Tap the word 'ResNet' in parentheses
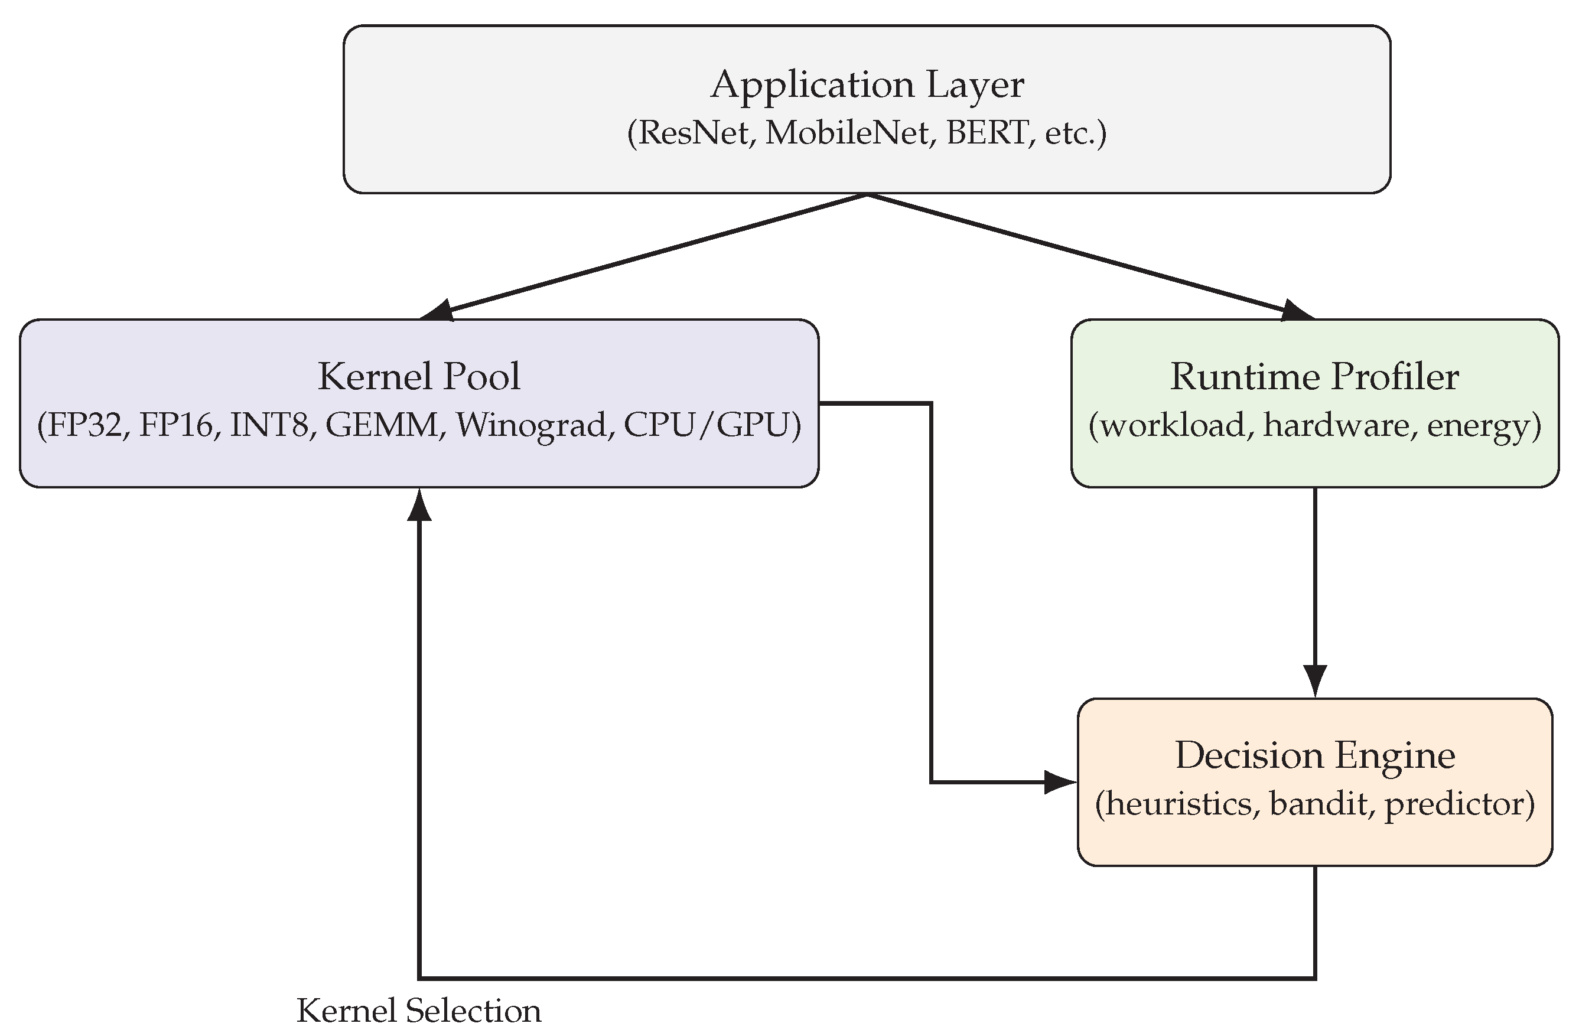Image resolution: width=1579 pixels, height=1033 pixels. point(694,133)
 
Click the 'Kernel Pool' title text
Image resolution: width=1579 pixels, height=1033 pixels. point(419,377)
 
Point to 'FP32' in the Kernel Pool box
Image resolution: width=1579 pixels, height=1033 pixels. point(84,425)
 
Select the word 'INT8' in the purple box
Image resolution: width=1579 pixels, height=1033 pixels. point(269,425)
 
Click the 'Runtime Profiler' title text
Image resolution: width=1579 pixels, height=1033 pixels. point(1314,377)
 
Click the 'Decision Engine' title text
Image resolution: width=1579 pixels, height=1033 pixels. point(1315,755)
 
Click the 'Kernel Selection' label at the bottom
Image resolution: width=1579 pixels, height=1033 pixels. point(419,1011)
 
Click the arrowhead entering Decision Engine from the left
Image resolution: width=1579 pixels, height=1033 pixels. point(1060,782)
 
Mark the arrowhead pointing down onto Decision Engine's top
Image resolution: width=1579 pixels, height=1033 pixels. point(1315,680)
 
